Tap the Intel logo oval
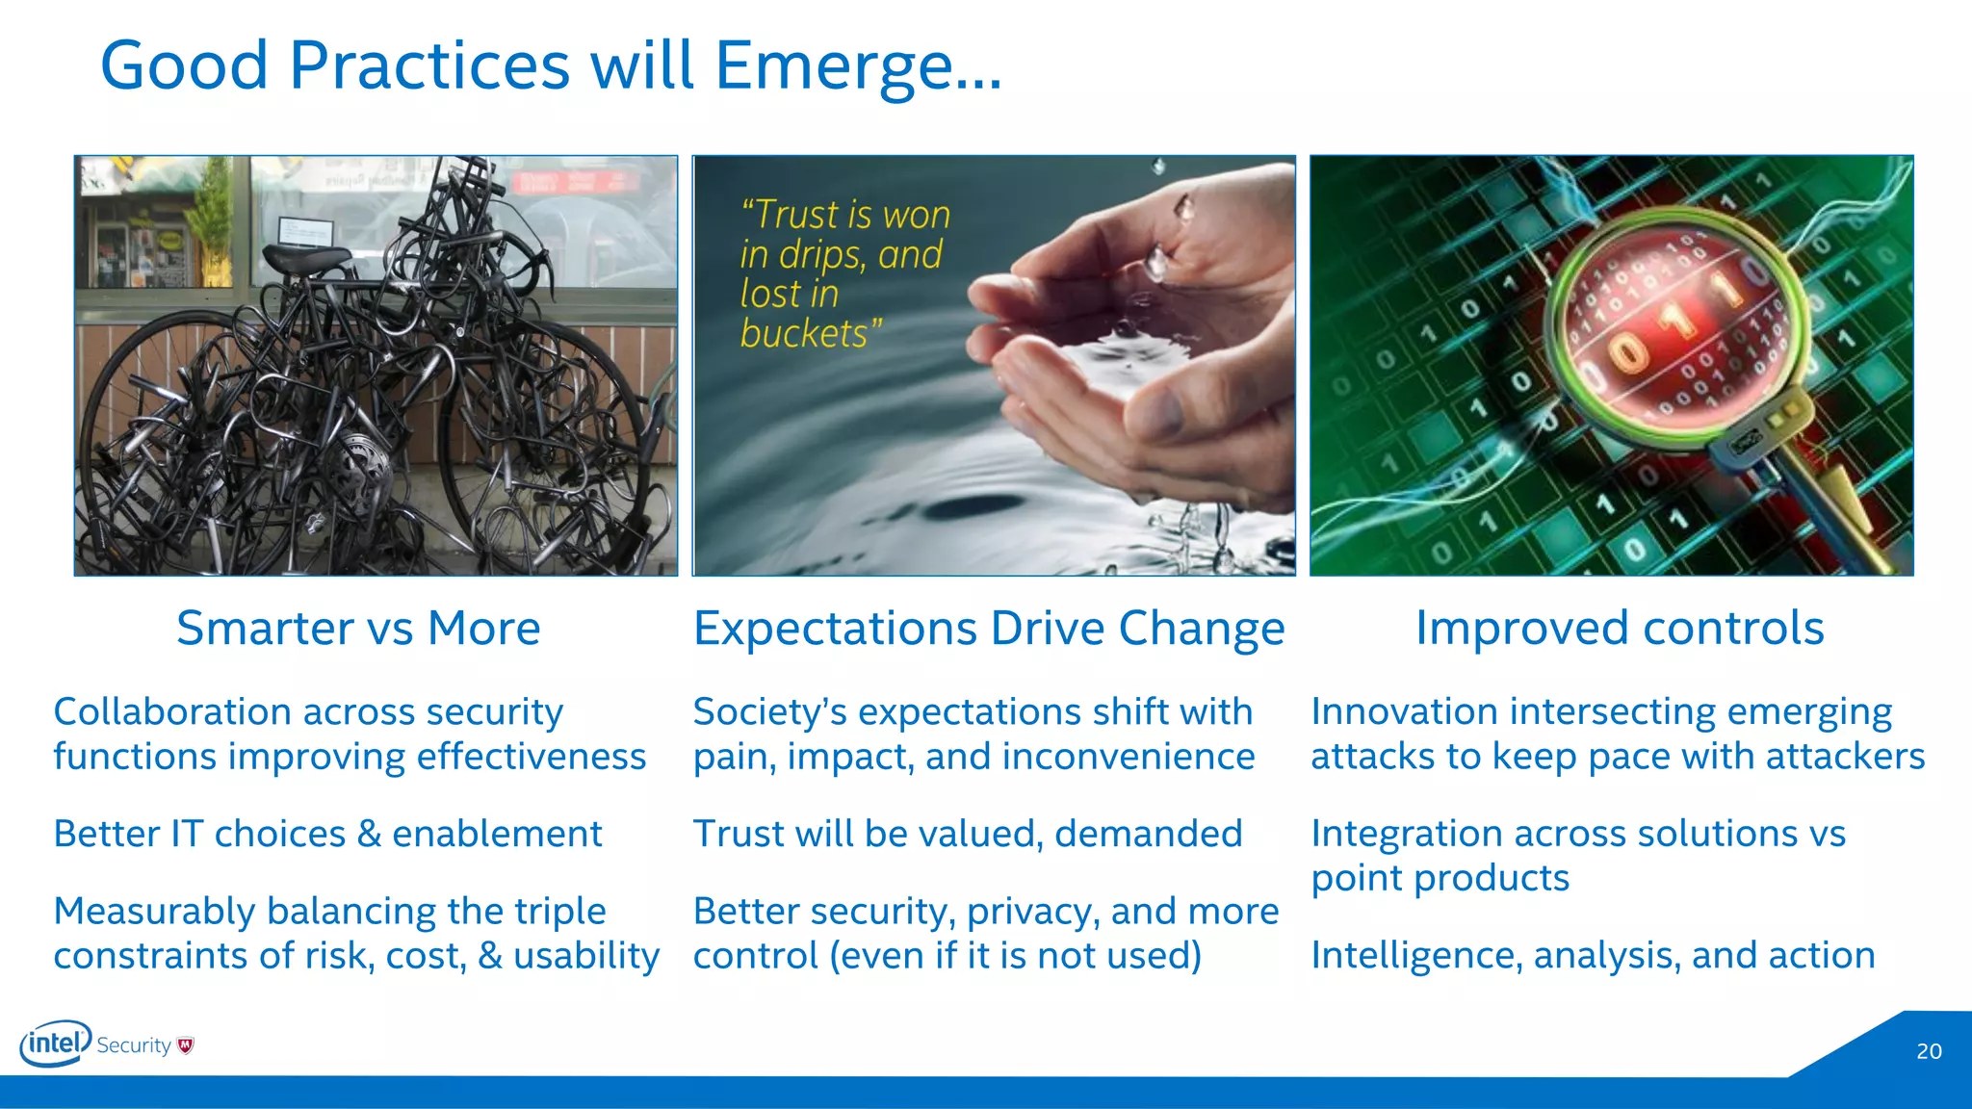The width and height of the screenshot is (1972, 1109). coord(56,1044)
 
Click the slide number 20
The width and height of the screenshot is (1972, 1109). coord(1929,1051)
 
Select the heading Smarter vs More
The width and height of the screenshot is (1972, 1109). coord(358,629)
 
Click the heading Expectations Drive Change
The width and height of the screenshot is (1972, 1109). coord(989,629)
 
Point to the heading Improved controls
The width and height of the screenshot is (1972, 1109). coord(1620,629)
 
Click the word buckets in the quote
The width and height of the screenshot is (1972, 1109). coord(804,334)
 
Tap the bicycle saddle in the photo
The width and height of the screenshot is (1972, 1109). coord(306,258)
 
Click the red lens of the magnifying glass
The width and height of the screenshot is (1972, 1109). coord(1675,322)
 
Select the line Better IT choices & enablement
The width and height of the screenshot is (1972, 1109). coord(327,834)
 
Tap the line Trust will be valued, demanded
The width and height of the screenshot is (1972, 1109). coord(968,834)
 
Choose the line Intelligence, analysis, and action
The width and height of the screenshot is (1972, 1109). coord(1593,956)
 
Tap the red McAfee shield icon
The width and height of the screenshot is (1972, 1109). coord(186,1045)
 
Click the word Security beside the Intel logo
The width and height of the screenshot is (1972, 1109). coord(134,1045)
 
